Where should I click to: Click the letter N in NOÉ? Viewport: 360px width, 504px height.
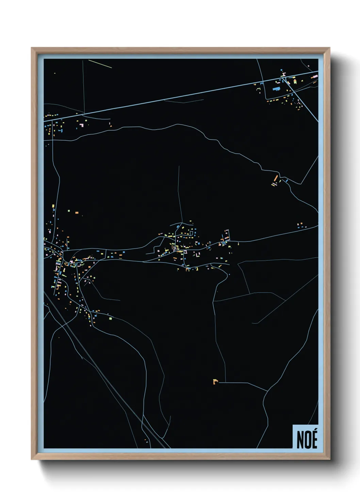click(300, 440)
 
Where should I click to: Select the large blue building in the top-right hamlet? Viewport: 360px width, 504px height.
click(277, 89)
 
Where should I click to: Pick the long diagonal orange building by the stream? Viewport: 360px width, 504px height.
click(276, 178)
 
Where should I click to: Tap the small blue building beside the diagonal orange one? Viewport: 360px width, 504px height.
click(287, 180)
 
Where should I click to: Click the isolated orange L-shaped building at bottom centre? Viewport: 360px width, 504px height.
click(215, 381)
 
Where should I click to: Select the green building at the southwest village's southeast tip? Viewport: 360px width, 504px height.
click(110, 318)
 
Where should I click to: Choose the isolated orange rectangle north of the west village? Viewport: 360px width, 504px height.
click(77, 212)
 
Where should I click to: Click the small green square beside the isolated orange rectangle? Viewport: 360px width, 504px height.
click(69, 211)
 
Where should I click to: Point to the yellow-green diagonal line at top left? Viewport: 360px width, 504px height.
click(100, 64)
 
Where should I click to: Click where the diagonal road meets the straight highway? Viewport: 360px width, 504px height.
click(283, 78)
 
